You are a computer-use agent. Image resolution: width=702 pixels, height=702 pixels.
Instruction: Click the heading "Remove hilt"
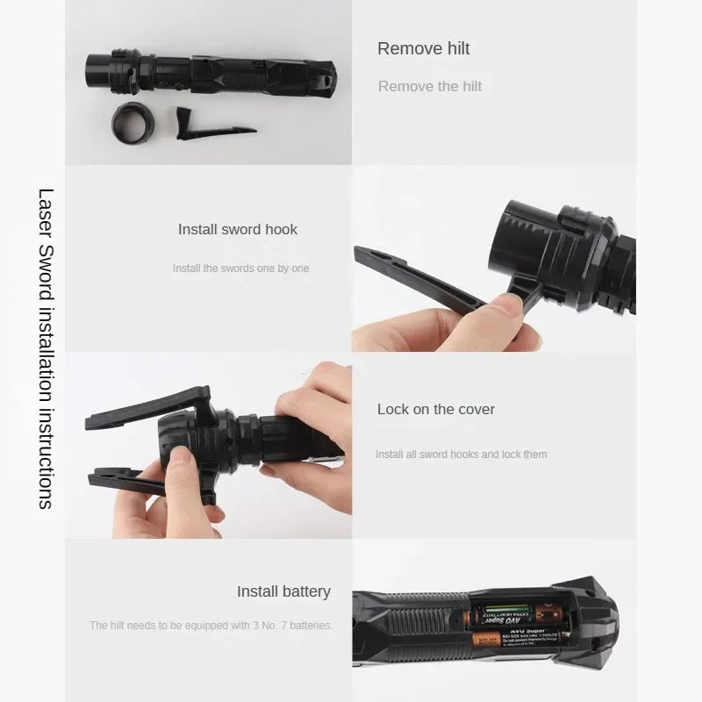coord(423,49)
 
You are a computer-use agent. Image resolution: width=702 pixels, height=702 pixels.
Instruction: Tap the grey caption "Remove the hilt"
coord(430,86)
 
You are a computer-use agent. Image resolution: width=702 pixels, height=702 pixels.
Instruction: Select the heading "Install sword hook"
coord(238,229)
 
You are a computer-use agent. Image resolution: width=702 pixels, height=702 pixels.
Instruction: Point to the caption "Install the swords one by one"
coord(240,269)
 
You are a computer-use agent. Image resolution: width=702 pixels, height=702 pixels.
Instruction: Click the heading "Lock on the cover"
coord(435,409)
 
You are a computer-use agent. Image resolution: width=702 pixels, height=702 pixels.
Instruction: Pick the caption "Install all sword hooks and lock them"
coord(461,455)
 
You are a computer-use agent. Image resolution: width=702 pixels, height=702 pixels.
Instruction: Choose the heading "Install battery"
coord(283,591)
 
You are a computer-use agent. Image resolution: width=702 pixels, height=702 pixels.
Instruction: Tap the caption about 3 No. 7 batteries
coord(211,626)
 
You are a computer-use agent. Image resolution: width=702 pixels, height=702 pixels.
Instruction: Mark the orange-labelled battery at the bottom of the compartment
coord(513,639)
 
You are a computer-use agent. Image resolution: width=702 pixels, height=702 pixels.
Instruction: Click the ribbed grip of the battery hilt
coord(412,623)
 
